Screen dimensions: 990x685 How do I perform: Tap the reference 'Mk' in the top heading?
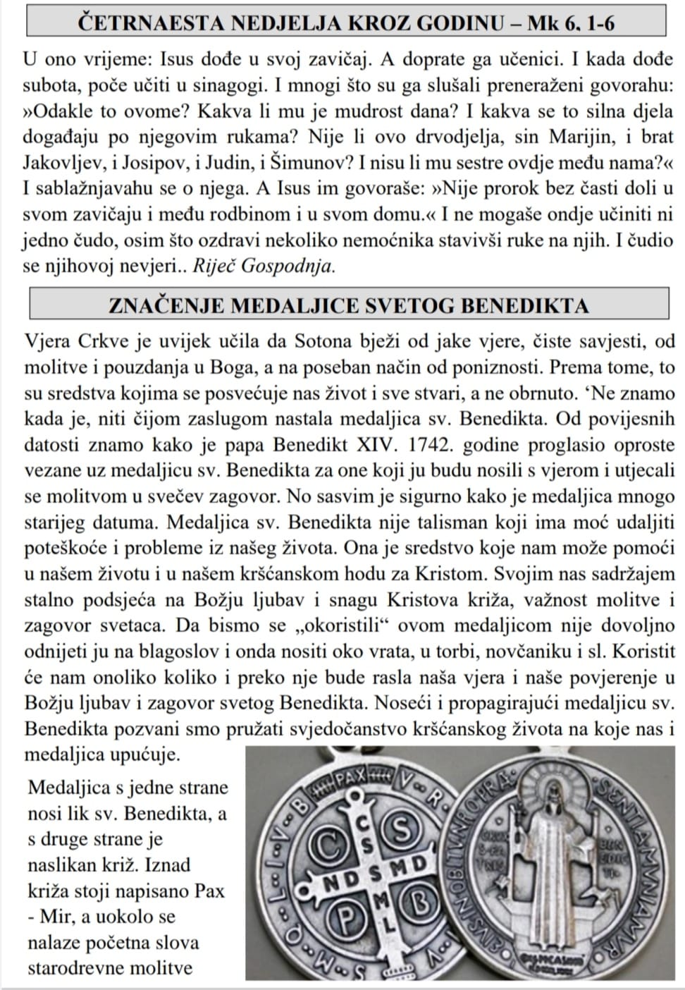[x=542, y=23]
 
